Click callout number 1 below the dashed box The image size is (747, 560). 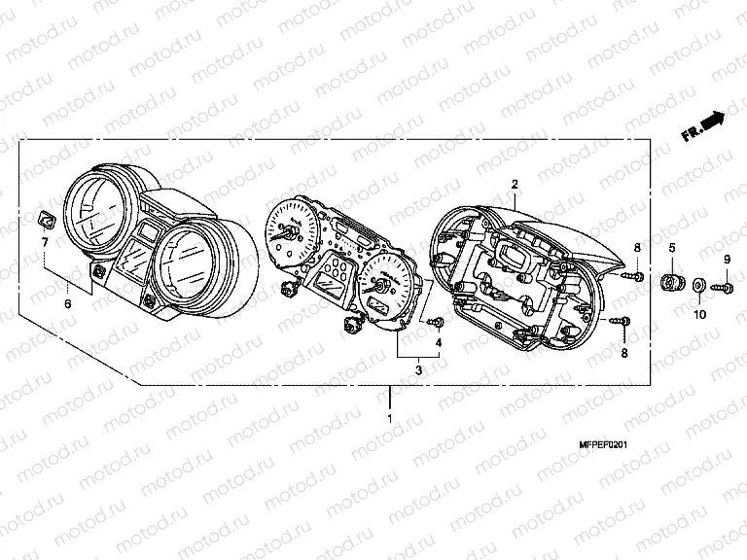[390, 419]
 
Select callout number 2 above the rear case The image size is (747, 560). [515, 184]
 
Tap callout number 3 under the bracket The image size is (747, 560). [418, 368]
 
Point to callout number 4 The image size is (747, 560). [438, 343]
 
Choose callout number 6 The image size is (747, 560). [68, 304]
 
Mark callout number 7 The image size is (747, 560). [45, 240]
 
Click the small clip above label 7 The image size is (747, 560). [46, 216]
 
